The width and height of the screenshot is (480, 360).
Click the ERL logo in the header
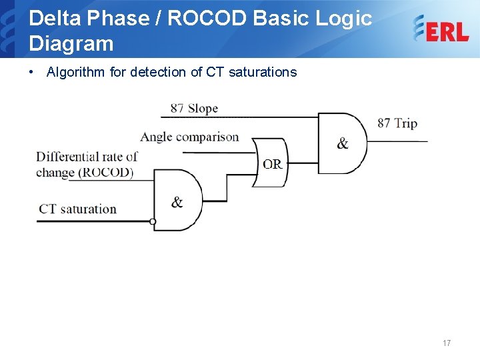click(x=441, y=29)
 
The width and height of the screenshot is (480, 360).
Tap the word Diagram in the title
click(x=71, y=44)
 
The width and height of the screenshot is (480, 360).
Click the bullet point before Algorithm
click(x=32, y=72)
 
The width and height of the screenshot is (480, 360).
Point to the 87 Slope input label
click(x=194, y=108)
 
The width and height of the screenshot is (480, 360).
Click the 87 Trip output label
click(x=397, y=123)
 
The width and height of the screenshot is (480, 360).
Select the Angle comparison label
click(x=189, y=137)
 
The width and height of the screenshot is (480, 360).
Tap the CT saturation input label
click(x=77, y=209)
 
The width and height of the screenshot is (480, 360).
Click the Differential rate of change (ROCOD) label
click(x=86, y=165)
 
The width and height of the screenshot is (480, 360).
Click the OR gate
click(x=270, y=163)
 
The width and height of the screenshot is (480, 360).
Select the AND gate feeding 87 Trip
click(x=342, y=143)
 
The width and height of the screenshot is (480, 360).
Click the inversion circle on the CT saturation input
click(x=153, y=221)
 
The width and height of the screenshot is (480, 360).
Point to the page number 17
click(x=446, y=343)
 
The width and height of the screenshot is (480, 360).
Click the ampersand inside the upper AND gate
click(x=343, y=143)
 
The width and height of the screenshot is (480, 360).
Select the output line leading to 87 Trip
click(x=397, y=141)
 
